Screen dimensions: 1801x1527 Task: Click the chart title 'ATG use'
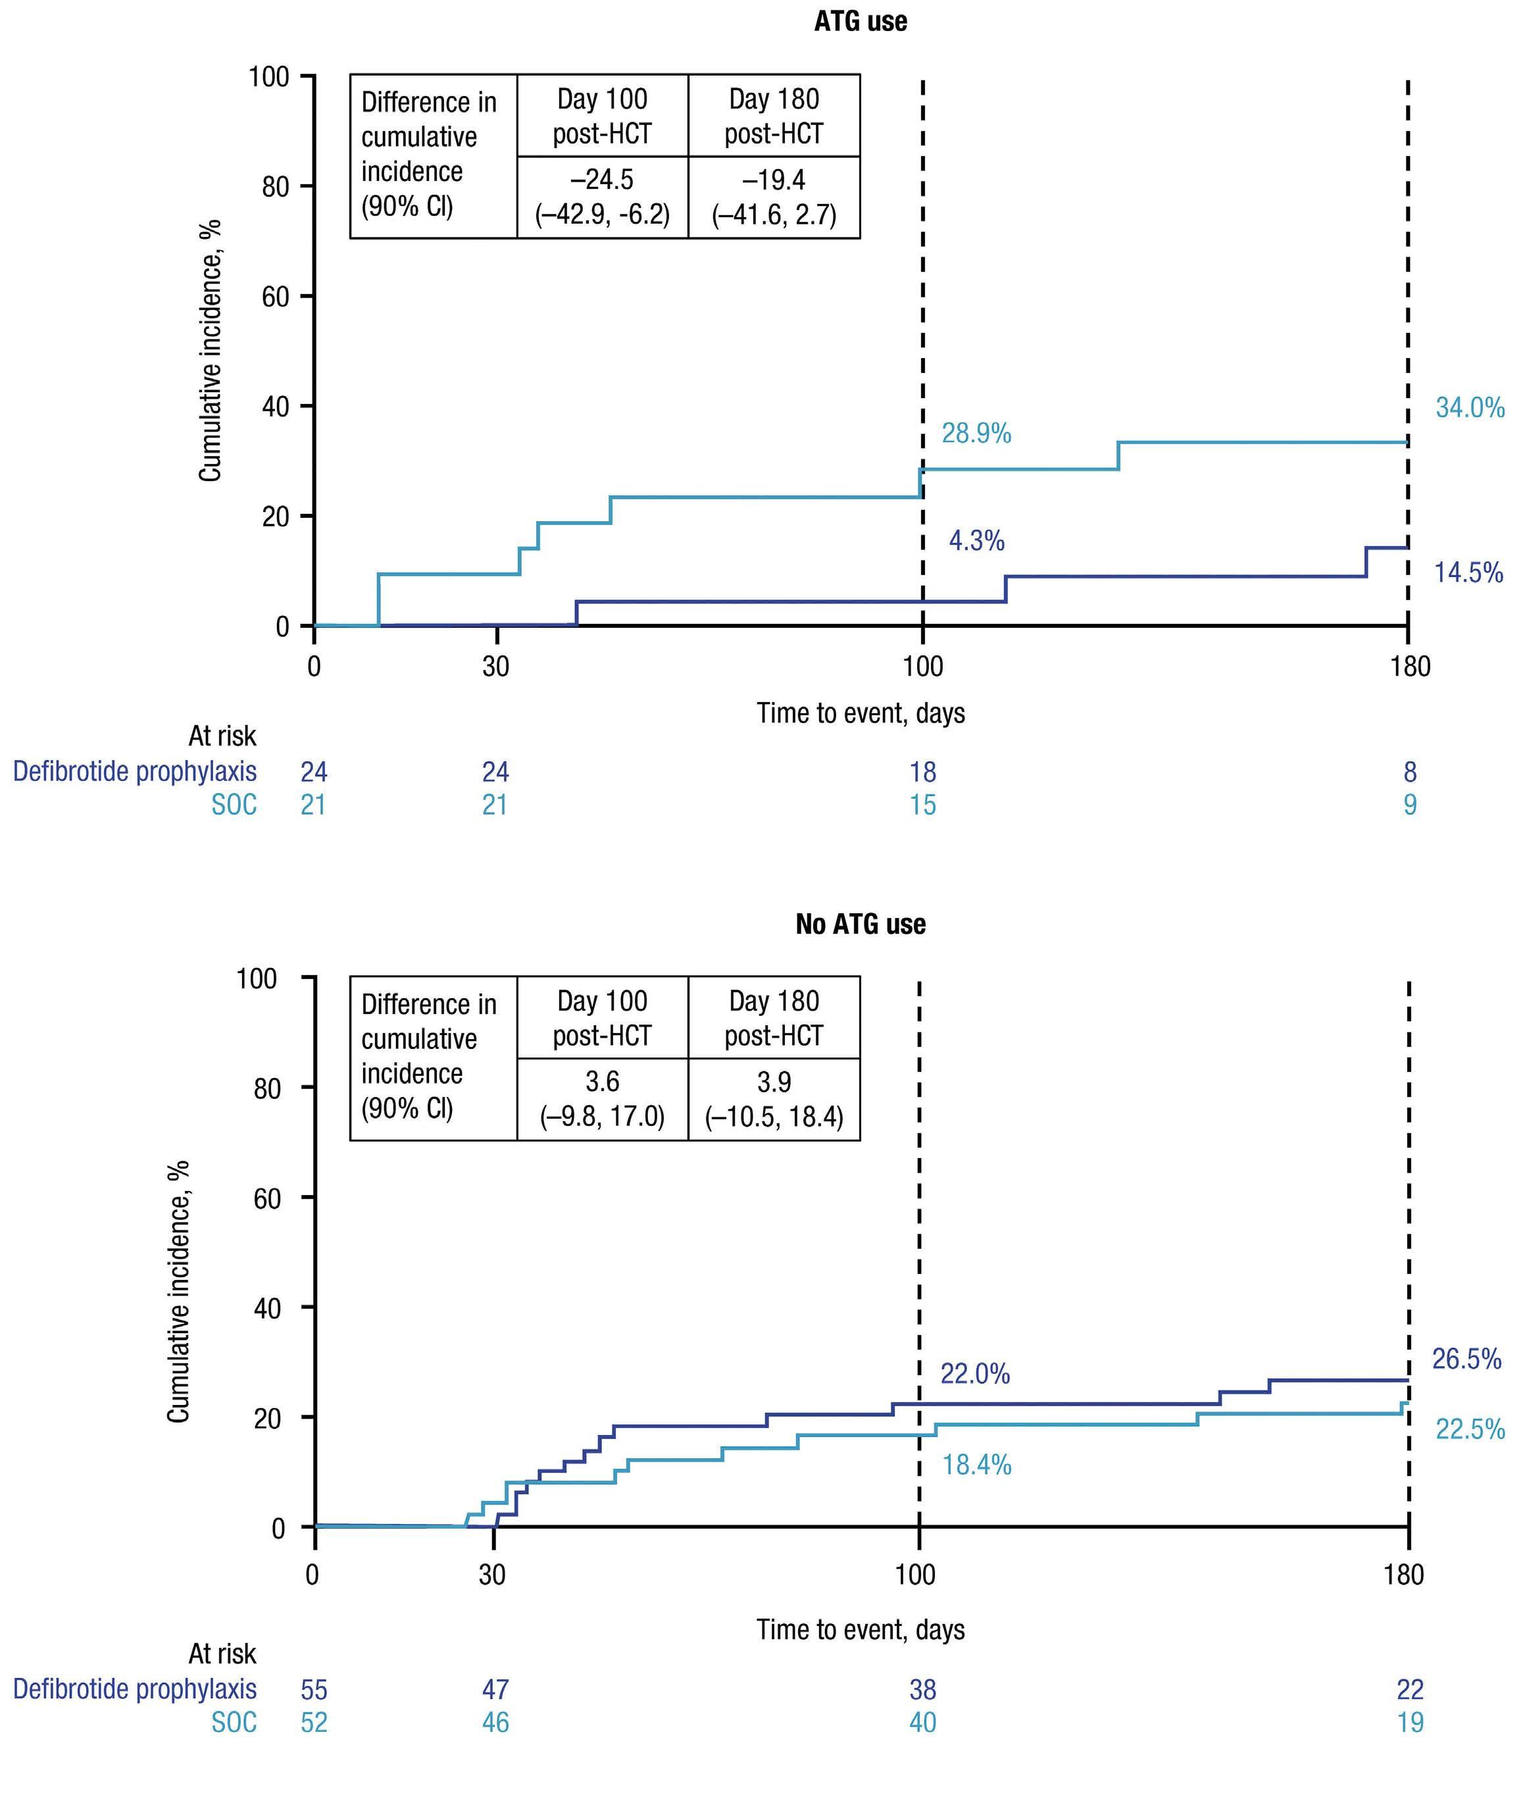tap(860, 22)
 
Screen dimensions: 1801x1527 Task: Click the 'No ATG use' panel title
tap(860, 924)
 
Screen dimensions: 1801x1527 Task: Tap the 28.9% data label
tap(976, 433)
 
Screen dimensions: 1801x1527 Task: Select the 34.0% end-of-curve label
tap(1469, 408)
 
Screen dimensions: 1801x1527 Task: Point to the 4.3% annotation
tap(976, 541)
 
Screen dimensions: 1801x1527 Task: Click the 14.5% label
tap(1468, 572)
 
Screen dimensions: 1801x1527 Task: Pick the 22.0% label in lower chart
tap(975, 1373)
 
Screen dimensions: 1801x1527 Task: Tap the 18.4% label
tap(976, 1465)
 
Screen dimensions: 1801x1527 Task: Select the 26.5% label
tap(1466, 1359)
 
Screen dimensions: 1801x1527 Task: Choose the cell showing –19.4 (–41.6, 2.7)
tap(774, 197)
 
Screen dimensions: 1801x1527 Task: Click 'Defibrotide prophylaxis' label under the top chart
tap(134, 771)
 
